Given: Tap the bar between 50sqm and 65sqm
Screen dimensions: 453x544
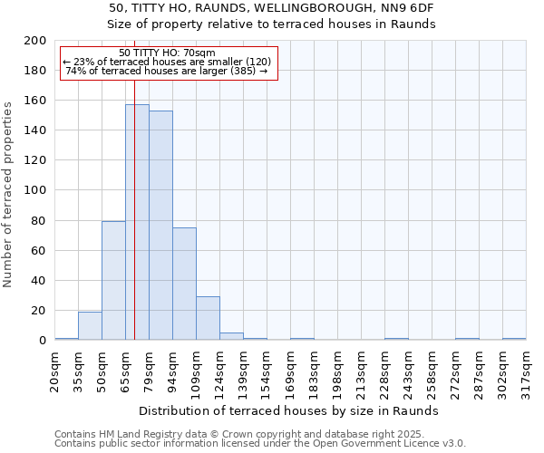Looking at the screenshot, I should [113, 281].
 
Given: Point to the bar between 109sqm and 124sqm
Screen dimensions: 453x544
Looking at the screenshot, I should [208, 318].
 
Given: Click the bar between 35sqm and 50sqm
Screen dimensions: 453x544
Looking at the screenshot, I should [90, 326].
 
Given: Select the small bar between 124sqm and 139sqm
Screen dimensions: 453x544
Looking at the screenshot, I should [231, 336].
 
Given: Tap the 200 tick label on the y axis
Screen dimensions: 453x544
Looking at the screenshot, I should [35, 41].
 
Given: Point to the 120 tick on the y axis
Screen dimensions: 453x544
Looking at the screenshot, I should [35, 160].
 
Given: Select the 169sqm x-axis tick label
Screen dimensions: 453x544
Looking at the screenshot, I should [291, 372].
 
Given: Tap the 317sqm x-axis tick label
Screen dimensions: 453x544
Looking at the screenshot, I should [527, 372].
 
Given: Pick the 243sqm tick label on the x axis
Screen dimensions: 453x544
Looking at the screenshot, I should [409, 372].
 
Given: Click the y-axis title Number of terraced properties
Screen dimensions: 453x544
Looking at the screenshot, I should [9, 194].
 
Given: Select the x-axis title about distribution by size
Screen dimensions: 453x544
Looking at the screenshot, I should [289, 410].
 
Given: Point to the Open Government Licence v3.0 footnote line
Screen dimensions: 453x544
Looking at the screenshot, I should [260, 443].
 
